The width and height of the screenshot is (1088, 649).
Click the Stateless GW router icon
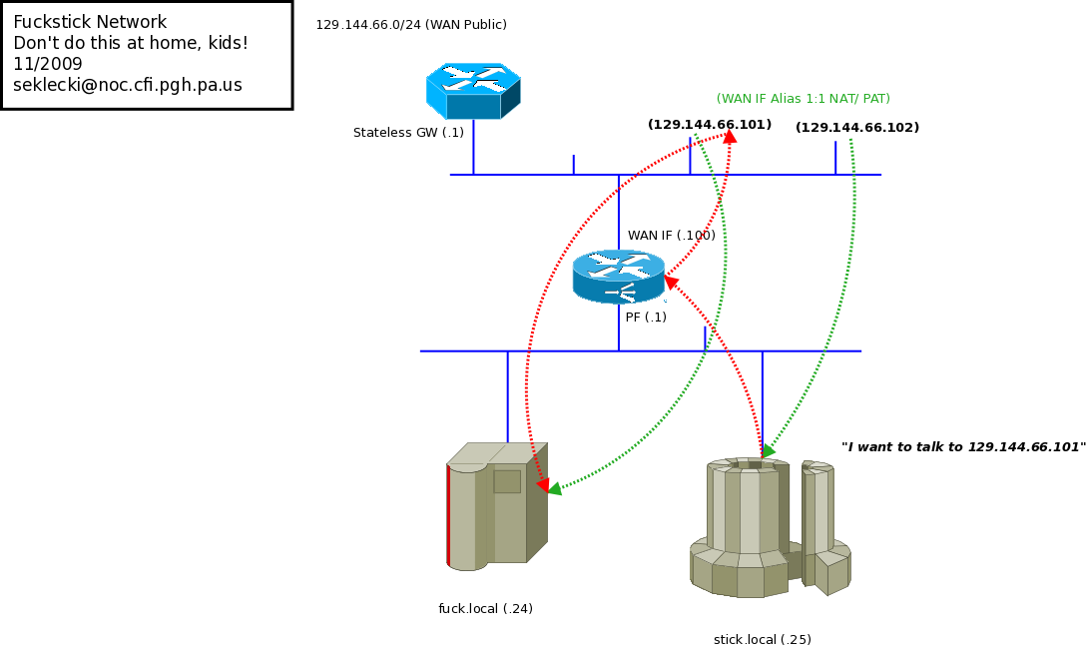[473, 91]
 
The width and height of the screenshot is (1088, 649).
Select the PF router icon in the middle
[619, 276]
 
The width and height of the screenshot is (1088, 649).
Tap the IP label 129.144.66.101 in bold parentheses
[710, 125]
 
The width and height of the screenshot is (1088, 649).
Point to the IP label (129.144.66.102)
[857, 128]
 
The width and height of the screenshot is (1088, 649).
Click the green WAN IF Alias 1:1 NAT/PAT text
[803, 99]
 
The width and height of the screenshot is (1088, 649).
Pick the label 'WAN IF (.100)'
[671, 236]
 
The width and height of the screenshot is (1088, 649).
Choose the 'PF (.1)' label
[646, 318]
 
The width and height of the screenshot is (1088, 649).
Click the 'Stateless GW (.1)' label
[408, 133]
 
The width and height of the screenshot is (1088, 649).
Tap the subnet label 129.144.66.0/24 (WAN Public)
[411, 25]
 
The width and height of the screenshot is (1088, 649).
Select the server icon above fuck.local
[497, 506]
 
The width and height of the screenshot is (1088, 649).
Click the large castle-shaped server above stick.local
[749, 527]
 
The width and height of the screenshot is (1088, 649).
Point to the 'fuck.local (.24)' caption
[485, 609]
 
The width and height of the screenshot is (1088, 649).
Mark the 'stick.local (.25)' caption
[763, 640]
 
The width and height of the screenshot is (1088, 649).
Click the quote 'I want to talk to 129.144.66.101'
[963, 447]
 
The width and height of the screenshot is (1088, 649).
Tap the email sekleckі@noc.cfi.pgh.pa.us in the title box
[128, 86]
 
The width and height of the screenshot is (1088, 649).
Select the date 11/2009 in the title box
[48, 65]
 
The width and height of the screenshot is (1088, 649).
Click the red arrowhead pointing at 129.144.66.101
[730, 137]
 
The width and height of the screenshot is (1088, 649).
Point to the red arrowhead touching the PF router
[672, 283]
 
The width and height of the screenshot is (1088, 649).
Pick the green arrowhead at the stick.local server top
[768, 451]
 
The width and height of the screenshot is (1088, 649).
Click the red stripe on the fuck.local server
[448, 514]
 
